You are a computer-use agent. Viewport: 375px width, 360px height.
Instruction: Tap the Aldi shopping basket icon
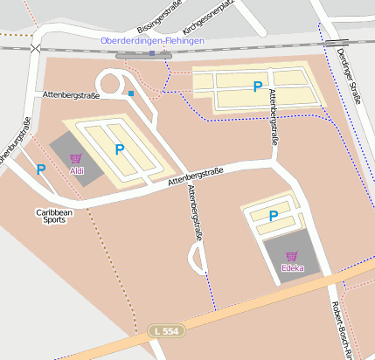[76, 158]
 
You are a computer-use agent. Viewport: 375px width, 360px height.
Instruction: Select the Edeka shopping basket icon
[292, 255]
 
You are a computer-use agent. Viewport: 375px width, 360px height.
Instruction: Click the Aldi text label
[77, 170]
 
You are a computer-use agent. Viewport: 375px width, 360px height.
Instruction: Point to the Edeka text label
[293, 267]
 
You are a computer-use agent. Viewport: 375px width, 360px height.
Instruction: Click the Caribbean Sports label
[54, 216]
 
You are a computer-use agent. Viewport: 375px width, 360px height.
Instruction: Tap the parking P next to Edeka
[273, 216]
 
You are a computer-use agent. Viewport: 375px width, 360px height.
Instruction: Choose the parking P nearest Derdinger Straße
[257, 87]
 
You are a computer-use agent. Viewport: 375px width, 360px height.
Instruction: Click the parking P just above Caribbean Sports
[40, 170]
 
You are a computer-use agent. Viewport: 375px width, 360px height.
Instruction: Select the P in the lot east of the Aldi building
[120, 149]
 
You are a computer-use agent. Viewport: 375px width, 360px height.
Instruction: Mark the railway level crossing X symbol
[34, 49]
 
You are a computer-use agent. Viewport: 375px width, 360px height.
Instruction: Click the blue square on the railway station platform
[152, 54]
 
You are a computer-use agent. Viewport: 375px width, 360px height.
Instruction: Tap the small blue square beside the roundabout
[131, 93]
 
